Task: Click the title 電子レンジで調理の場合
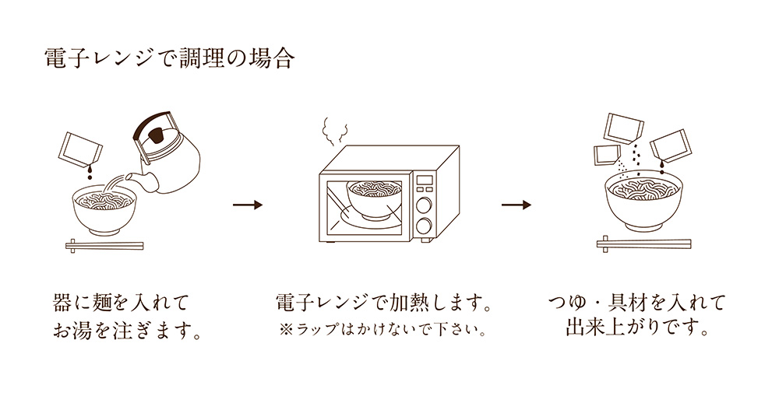[170, 60]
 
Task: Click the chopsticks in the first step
[104, 245]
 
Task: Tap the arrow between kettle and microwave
[248, 205]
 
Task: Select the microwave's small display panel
[424, 184]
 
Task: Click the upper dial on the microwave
[425, 206]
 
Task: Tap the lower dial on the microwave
[425, 226]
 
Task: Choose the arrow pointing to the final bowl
[516, 205]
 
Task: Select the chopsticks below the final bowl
[643, 244]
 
